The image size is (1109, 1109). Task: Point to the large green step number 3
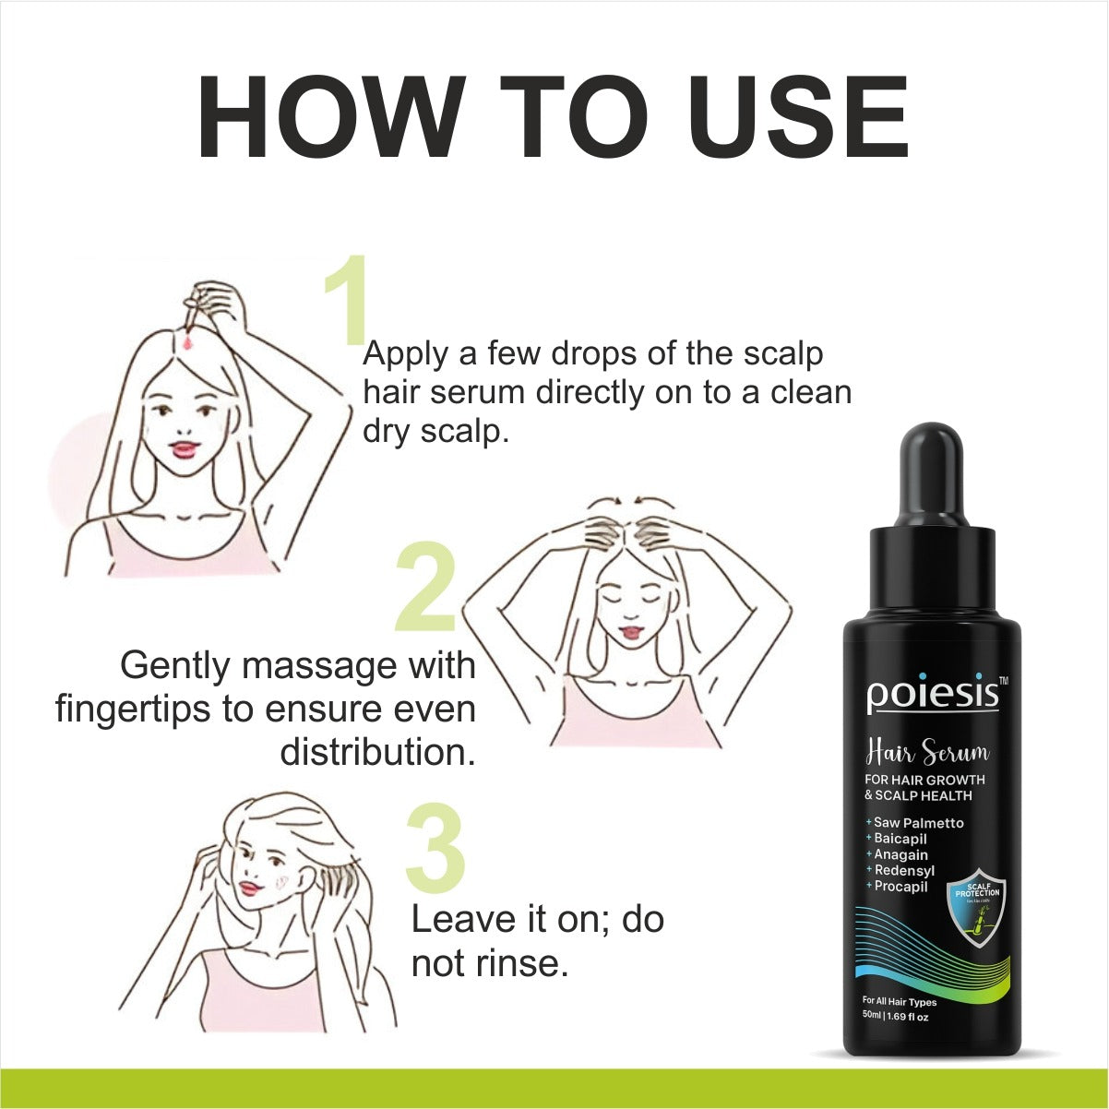435,848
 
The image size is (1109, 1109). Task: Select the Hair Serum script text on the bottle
926,755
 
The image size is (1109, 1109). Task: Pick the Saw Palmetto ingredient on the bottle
918,822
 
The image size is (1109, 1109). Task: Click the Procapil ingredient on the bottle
900,887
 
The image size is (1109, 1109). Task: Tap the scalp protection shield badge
977,908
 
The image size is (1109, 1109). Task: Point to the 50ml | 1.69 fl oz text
895,1017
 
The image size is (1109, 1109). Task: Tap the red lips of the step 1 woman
185,449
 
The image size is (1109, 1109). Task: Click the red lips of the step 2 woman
631,631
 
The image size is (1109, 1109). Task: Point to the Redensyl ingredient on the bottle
904,870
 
